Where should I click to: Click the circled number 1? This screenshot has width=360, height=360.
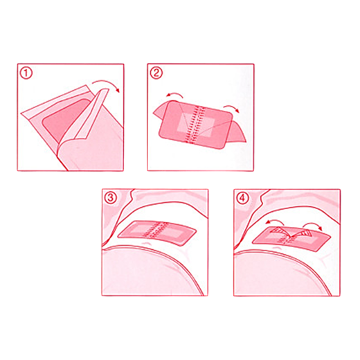[26, 73]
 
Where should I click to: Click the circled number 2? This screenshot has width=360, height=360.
[156, 73]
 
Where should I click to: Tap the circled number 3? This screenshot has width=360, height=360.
[111, 198]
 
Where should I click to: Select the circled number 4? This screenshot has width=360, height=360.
[242, 198]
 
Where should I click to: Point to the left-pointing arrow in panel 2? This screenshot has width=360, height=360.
[174, 94]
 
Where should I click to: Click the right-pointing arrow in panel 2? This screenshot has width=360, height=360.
[231, 107]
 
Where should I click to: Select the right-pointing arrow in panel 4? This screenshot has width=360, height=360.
[313, 224]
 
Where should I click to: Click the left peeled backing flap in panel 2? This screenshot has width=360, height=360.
[160, 110]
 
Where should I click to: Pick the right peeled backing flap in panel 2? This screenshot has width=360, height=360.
[237, 132]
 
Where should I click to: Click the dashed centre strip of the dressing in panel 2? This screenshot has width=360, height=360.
[195, 125]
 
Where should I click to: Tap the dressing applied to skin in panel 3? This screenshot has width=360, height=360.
[157, 233]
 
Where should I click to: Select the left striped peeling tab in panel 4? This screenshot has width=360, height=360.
[279, 231]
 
